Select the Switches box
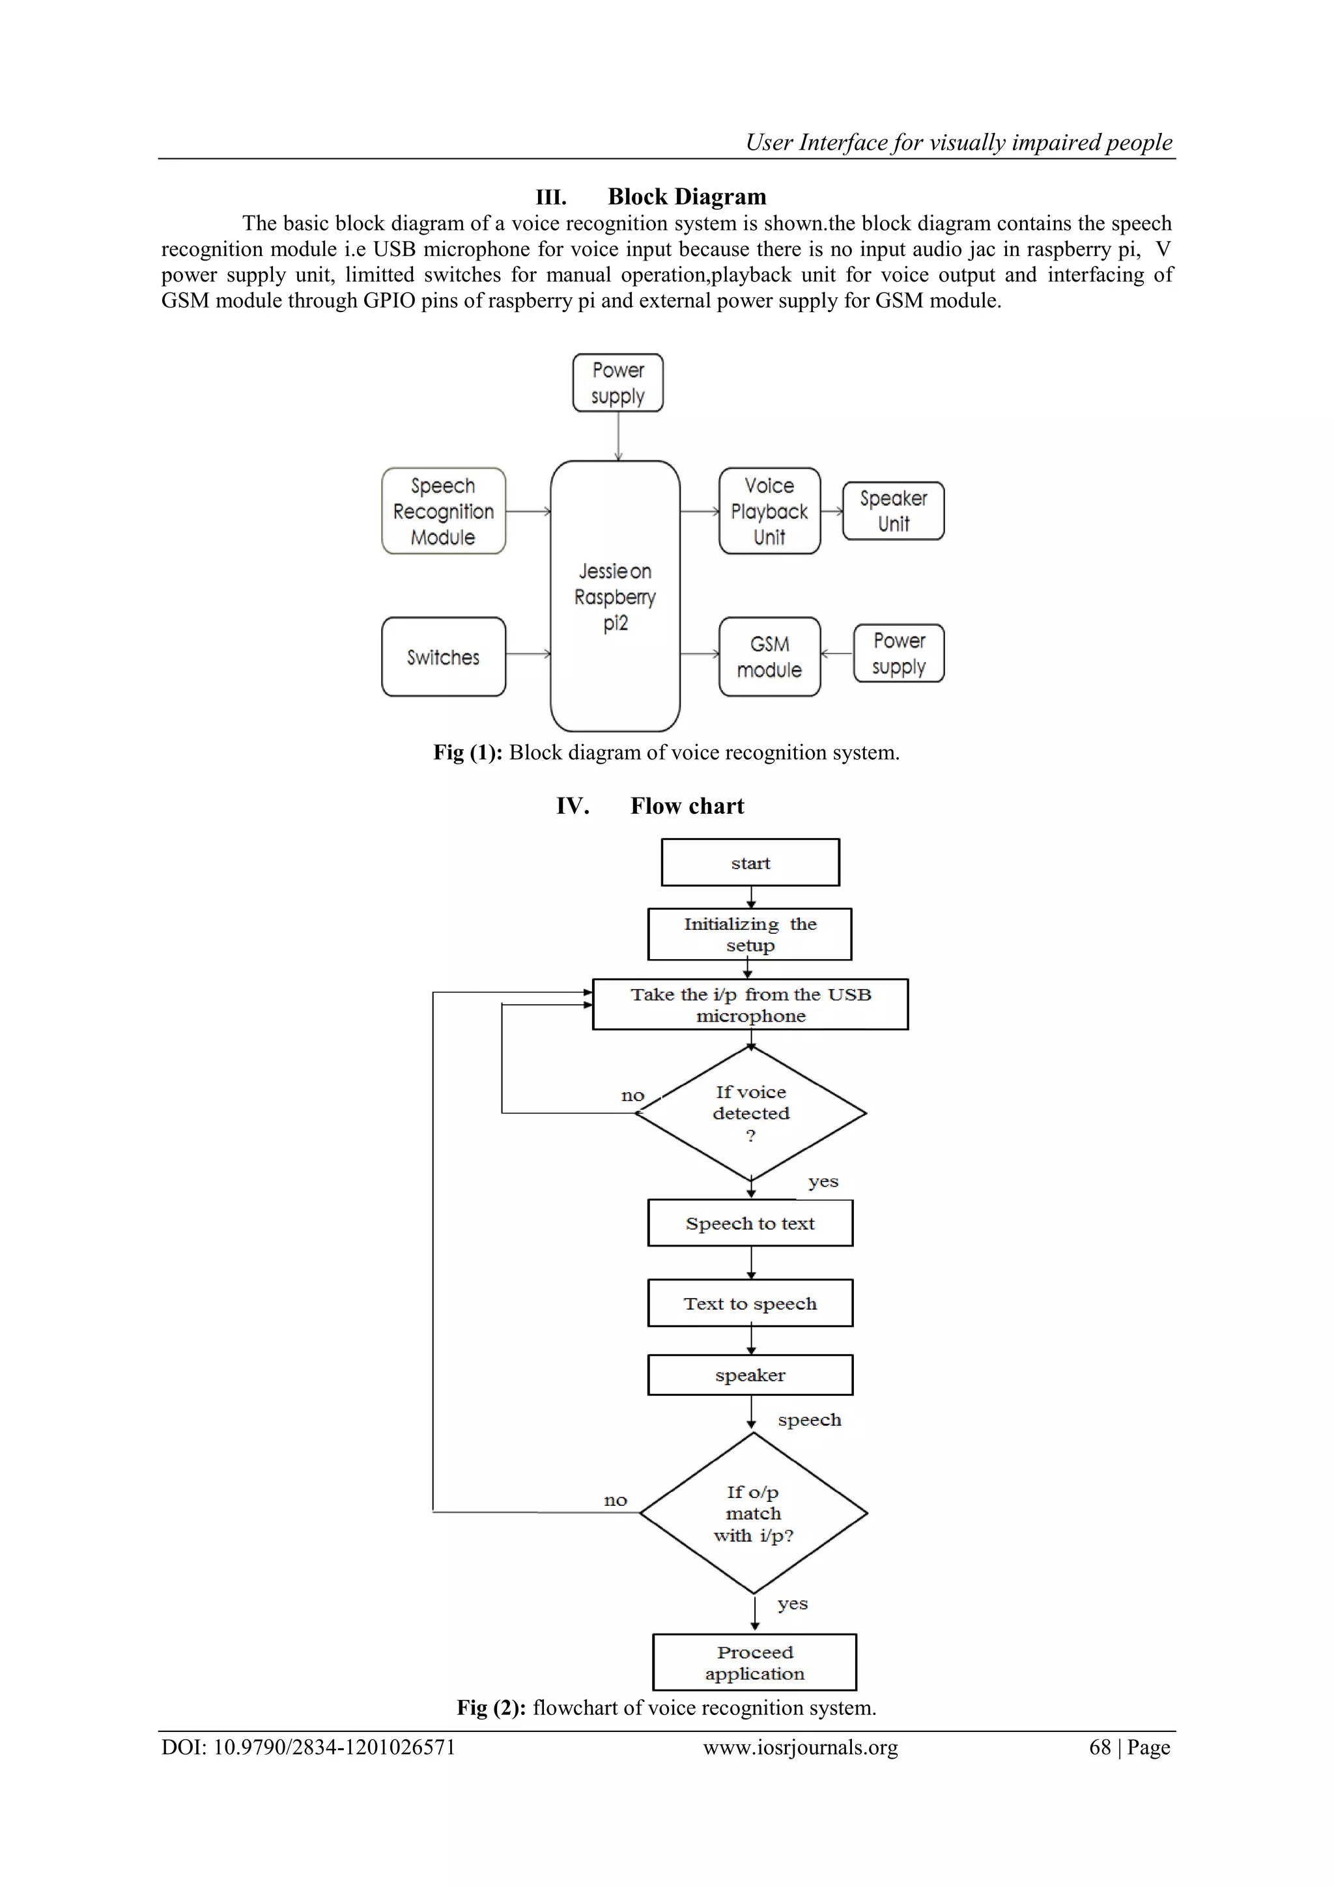[x=444, y=657]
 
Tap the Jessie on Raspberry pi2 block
[x=616, y=597]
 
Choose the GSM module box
[x=770, y=657]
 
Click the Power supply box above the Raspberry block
[x=617, y=383]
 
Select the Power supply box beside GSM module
[x=899, y=654]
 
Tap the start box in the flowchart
[x=750, y=862]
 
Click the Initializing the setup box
[x=749, y=934]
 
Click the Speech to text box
[x=750, y=1223]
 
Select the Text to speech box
[x=750, y=1303]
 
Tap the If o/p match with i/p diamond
[x=753, y=1513]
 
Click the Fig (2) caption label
[x=490, y=1708]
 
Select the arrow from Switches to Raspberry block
[x=528, y=654]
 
